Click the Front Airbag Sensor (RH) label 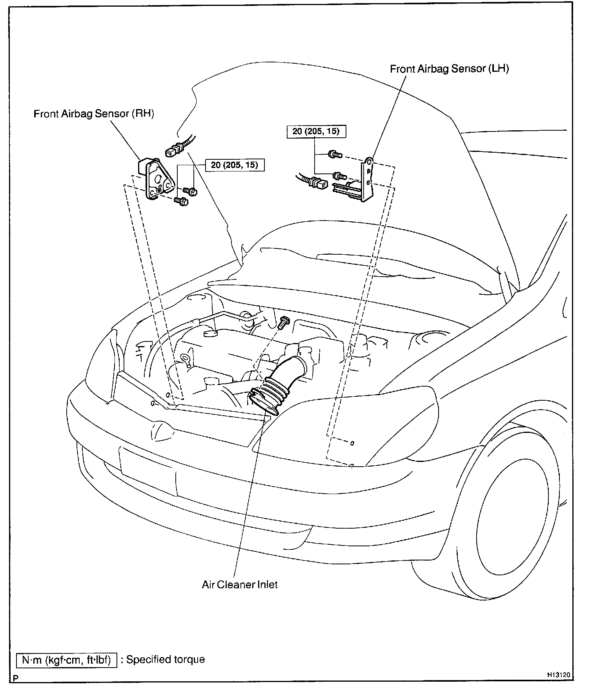tap(94, 114)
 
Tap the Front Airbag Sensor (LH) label tap(449, 69)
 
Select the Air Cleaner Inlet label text tap(239, 584)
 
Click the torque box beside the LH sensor tap(316, 131)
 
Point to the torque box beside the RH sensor tap(235, 165)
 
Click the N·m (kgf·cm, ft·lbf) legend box tap(67, 659)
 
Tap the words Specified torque tap(165, 659)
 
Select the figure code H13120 tap(559, 675)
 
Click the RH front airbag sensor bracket tap(157, 181)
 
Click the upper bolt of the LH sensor tap(335, 155)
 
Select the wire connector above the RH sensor tap(175, 150)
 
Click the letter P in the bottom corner tap(16, 678)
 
